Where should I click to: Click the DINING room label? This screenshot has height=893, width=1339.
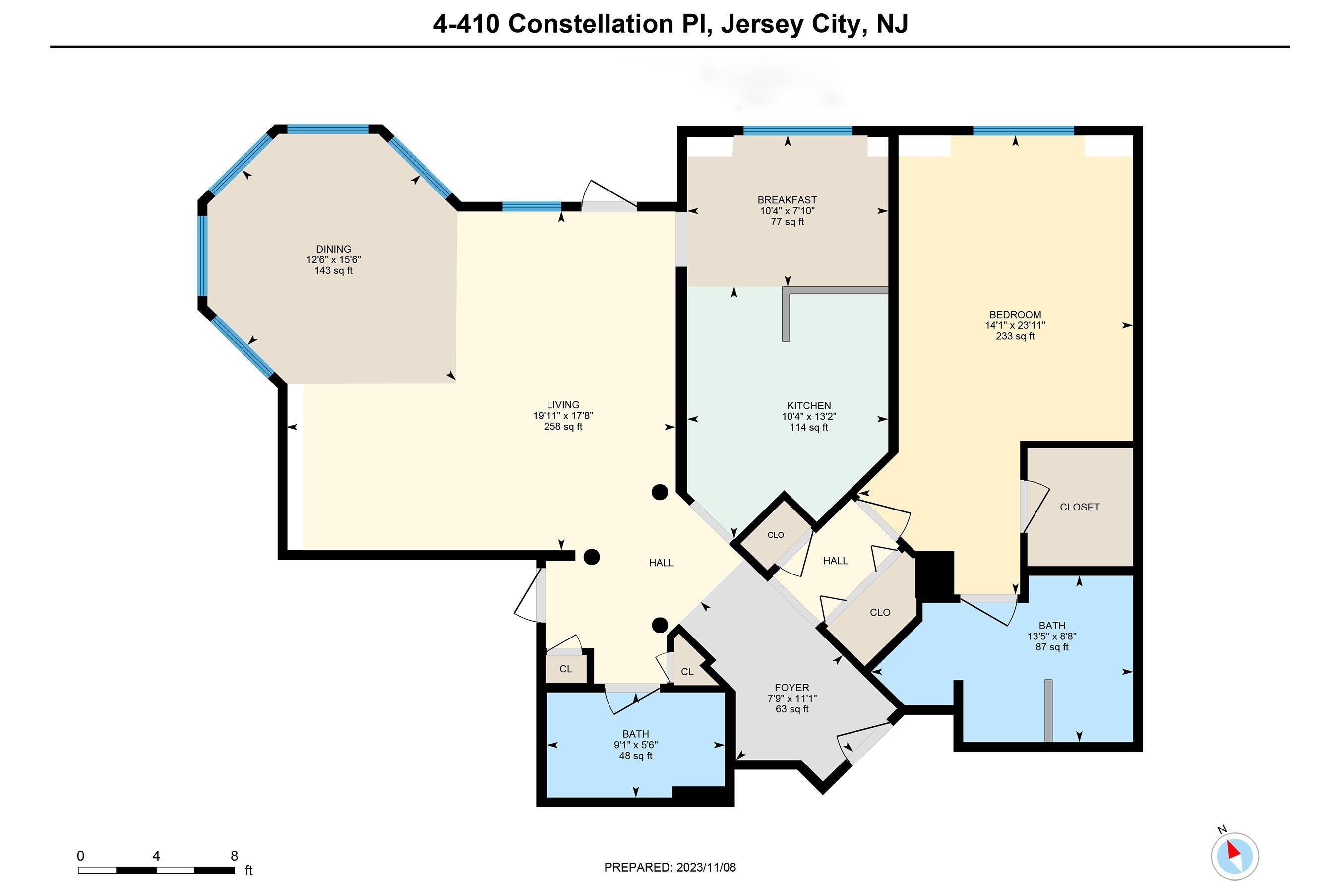(333, 249)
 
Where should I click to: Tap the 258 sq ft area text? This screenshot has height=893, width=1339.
(562, 427)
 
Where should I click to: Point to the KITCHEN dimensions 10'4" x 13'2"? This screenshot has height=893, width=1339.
(808, 416)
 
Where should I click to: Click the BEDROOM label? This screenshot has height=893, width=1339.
(1015, 315)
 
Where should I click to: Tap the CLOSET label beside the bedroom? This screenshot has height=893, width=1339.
(1080, 507)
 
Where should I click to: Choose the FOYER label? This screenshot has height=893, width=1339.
(791, 688)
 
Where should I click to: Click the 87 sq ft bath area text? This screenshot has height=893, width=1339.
(1051, 647)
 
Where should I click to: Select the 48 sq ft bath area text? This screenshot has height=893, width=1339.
(635, 756)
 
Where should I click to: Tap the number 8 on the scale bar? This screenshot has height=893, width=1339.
(234, 855)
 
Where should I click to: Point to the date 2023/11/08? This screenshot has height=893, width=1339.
(706, 867)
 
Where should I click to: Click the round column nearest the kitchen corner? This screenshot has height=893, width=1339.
(659, 492)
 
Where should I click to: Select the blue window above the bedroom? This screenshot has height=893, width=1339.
(1023, 130)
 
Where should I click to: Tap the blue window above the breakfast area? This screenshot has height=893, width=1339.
(797, 130)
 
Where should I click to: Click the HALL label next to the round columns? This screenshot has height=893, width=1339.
(661, 563)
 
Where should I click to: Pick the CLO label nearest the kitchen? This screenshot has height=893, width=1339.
(776, 535)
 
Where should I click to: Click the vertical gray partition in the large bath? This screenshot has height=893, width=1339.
(1048, 710)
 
